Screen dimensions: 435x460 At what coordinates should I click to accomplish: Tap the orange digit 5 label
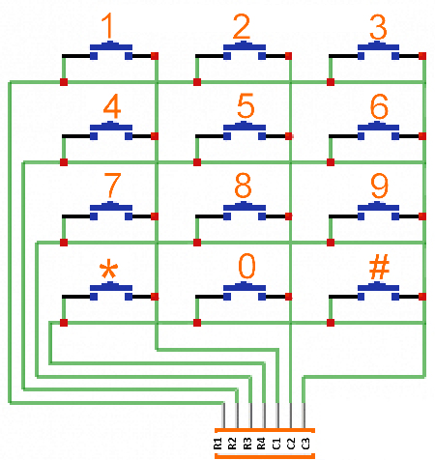coord(246,105)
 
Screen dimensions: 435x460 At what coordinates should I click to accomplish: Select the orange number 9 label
coord(379,186)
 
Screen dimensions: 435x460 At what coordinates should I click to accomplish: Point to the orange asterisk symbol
coord(109,269)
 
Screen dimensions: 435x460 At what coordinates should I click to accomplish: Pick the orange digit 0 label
coord(246,266)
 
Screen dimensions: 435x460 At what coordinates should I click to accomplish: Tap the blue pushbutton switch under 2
coord(245,50)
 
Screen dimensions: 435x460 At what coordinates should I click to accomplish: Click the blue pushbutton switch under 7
coord(111,211)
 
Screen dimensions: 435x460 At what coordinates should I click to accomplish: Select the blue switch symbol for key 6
coord(378,130)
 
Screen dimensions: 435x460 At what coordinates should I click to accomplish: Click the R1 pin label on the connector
coord(217,444)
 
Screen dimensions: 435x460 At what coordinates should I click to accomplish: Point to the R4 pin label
coord(261,444)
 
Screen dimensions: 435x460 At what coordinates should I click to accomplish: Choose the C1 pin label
coord(276,444)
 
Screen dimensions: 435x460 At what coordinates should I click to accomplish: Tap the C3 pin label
coord(305,444)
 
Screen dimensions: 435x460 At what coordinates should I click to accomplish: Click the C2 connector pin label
coord(291,444)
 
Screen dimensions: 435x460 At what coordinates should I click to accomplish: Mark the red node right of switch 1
coord(155,56)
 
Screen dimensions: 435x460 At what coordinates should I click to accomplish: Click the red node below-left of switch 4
coord(64,162)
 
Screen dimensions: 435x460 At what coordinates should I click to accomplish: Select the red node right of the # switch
coord(422,297)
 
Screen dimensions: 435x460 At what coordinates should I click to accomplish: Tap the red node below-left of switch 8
coord(197,243)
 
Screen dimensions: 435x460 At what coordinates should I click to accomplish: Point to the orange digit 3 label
coord(378,27)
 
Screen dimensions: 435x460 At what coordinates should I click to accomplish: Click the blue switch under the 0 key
coord(245,291)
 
